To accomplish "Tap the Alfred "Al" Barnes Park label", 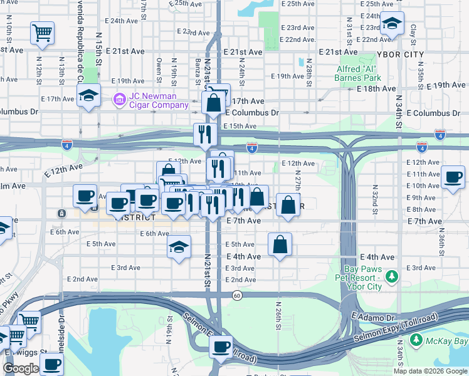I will (x=359, y=73).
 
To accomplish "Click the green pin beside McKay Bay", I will (x=416, y=340).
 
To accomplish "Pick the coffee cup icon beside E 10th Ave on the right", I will (x=453, y=177).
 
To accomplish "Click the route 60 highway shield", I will (x=236, y=295).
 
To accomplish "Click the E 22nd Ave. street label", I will (x=300, y=39).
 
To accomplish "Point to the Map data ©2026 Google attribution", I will (x=431, y=371).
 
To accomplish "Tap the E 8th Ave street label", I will (x=422, y=209).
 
